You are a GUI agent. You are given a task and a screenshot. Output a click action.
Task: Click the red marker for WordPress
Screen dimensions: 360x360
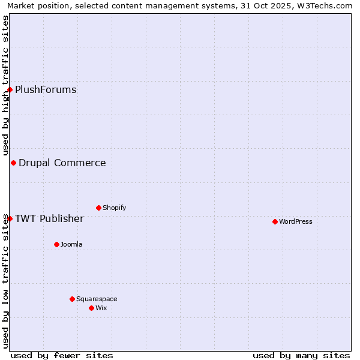coord(275,221)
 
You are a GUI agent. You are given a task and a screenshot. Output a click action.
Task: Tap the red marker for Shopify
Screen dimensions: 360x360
coord(98,208)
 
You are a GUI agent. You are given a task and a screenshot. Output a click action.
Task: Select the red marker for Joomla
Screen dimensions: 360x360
coord(56,244)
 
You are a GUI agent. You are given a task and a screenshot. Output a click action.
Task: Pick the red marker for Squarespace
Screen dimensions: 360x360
coord(72,299)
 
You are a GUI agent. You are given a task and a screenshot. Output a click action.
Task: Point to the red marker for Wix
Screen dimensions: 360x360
coord(91,308)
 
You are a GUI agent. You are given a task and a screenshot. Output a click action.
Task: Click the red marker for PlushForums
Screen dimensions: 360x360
coord(10,89)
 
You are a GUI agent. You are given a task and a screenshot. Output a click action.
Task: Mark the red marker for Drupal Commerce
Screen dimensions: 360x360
coord(13,163)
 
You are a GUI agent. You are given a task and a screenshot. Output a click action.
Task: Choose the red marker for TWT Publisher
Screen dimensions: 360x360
coord(10,218)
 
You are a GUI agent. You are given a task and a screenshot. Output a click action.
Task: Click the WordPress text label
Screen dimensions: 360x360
coord(295,221)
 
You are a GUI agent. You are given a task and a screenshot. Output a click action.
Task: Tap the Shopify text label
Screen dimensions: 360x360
coord(114,208)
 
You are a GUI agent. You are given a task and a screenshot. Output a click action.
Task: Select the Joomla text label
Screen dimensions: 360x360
coord(71,244)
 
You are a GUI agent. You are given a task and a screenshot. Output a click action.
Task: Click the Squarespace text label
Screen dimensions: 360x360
coord(97,299)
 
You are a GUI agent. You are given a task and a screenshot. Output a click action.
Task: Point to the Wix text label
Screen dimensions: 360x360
coord(101,308)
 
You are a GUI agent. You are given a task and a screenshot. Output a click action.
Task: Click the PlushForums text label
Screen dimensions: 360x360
coord(46,89)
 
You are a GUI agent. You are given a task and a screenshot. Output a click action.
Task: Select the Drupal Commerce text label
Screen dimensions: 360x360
coord(62,163)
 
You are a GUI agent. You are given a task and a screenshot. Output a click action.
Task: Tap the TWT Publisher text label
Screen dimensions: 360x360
coord(49,218)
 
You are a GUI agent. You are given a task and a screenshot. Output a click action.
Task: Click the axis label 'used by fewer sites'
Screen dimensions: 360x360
coord(62,355)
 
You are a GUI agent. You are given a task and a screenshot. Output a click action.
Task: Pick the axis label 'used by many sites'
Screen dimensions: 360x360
coord(301,355)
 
